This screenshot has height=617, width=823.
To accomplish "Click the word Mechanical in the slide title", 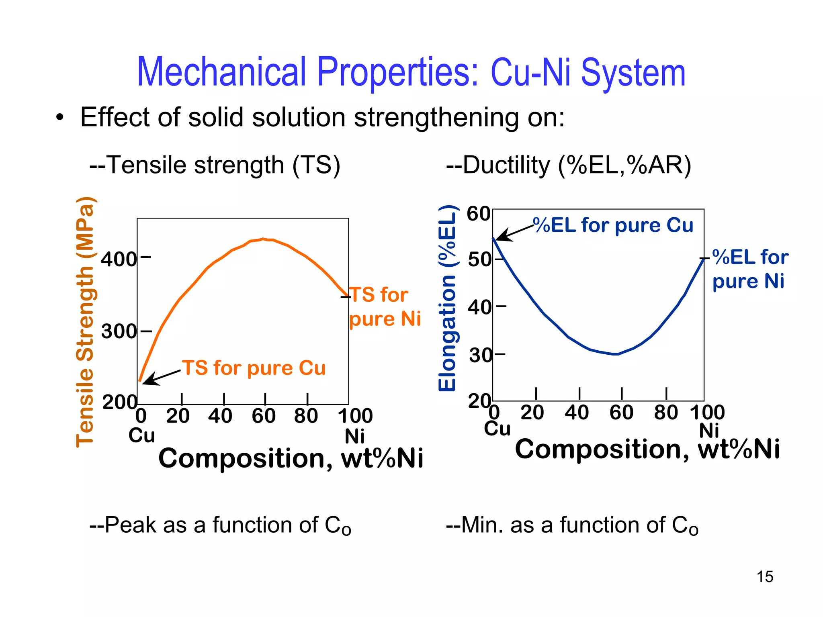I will point(221,72).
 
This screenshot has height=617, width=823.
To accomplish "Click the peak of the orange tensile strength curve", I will point(263,239).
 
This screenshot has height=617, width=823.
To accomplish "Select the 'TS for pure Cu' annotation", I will point(254,368).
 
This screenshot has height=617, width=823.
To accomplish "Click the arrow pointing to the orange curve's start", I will point(161,378).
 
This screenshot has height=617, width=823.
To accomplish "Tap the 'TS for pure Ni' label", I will point(384,307).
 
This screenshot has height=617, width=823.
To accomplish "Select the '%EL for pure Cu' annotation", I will point(613,225).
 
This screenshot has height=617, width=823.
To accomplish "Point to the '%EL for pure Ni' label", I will point(750,269).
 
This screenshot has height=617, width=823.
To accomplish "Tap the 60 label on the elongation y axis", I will point(478,214).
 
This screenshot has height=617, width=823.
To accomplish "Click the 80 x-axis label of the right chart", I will point(666,413).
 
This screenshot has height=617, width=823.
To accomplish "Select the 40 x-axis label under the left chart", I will point(220,416).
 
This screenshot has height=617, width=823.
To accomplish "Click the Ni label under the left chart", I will point(354,436).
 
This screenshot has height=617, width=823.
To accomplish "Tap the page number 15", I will point(765,577).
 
